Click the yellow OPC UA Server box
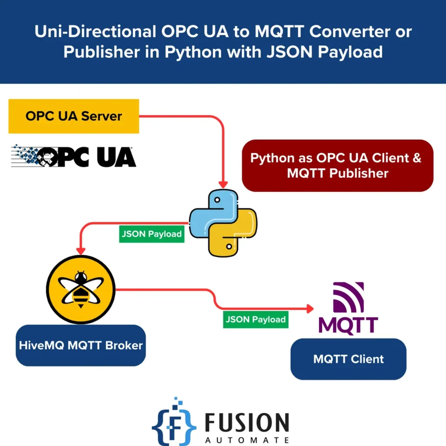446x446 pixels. coord(74,116)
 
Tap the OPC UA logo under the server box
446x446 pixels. coord(74,156)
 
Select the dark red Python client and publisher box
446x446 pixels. coord(337,166)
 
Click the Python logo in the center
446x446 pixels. coord(223,223)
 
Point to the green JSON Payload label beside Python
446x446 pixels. coord(152,234)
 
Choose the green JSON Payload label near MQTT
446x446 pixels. coord(256,320)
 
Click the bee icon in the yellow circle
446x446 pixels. coord(81,290)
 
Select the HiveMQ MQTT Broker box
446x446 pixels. coord(81,346)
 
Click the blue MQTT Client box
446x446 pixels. coord(348,359)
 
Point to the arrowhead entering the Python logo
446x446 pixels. coord(223,184)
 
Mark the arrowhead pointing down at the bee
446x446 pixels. coord(81,251)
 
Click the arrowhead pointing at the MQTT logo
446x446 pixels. coord(310,308)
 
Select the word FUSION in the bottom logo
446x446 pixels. coord(247,423)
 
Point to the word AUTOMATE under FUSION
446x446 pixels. coord(247,440)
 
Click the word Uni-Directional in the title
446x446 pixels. coord(95,32)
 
